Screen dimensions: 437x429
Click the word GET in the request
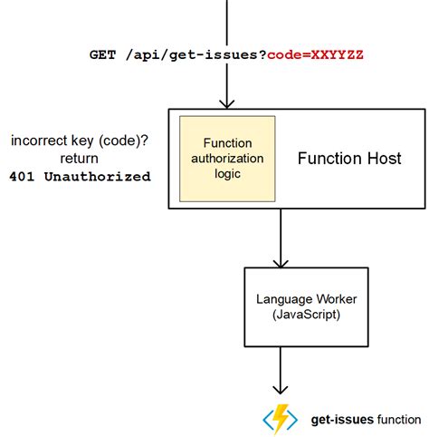(x=101, y=55)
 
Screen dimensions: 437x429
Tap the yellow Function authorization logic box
(x=221, y=158)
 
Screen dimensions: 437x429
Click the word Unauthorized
(x=104, y=177)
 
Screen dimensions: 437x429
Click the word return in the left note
(x=80, y=159)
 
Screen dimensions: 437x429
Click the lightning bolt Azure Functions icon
(x=281, y=418)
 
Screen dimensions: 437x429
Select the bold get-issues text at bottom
(x=339, y=419)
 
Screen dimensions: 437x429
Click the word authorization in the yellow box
(x=221, y=158)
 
